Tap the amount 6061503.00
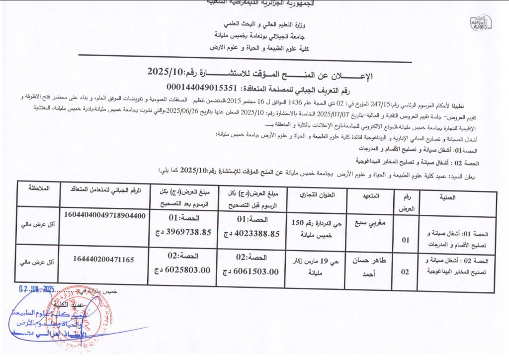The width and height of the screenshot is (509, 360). coord(251,271)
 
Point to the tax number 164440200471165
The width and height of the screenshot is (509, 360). coord(103,259)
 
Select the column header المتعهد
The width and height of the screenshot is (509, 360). coord(369,196)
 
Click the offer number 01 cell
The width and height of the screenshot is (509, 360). coord(406,240)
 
